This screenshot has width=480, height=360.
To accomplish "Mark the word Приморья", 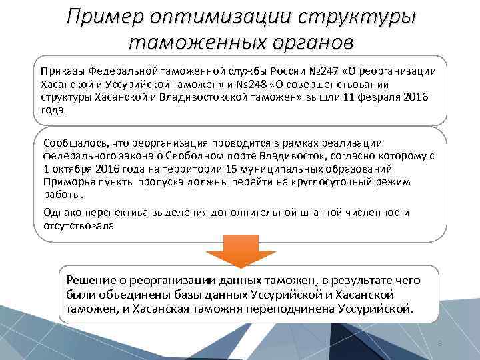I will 65,182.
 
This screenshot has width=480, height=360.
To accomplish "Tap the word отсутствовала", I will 79,226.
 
